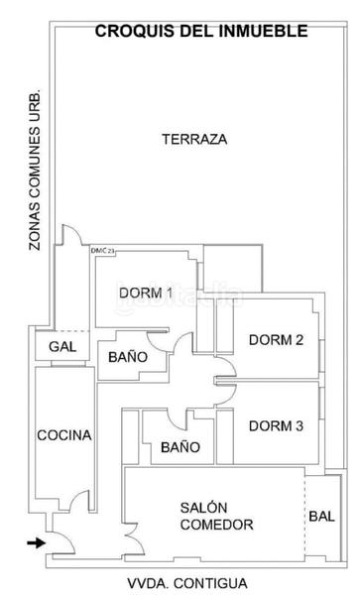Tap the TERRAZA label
tap(194, 139)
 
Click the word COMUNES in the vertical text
tap(35, 163)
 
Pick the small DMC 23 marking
tap(103, 252)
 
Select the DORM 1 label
tap(146, 293)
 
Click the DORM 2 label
tap(276, 340)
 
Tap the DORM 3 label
tap(276, 426)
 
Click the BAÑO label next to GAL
tap(128, 356)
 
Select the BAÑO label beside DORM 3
tap(180, 447)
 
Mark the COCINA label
tap(64, 435)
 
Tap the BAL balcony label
tap(321, 516)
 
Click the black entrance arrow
tap(35, 542)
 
